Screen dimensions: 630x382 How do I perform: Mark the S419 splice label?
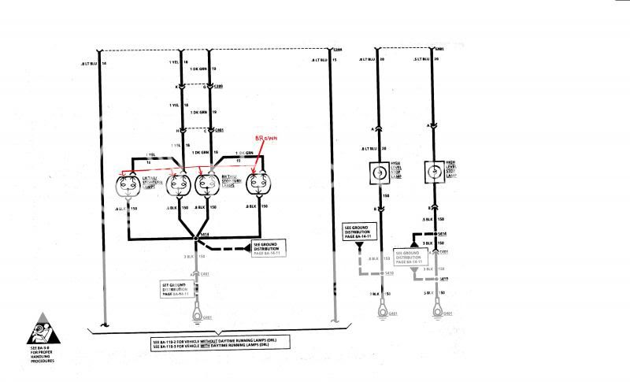click(x=446, y=279)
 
